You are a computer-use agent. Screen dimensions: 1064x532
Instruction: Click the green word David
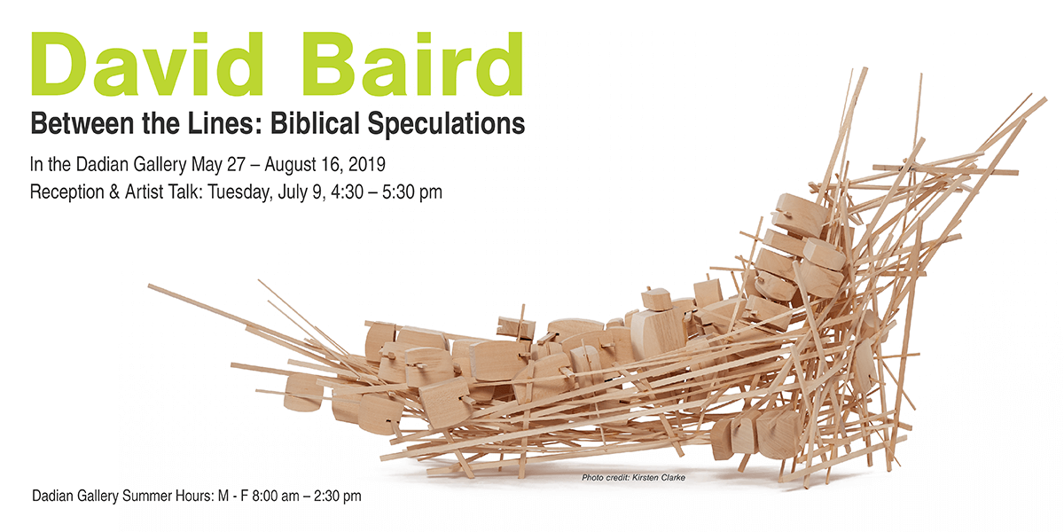point(147,64)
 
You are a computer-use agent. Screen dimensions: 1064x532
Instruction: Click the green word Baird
point(411,64)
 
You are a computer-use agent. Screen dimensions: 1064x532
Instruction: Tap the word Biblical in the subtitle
point(314,123)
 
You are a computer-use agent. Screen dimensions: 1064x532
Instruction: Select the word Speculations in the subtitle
point(446,124)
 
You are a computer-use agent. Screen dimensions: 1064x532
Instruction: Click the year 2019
point(367,164)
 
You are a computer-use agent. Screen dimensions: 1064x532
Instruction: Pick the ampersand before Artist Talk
point(114,192)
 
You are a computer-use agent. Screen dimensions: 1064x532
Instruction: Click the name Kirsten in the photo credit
point(645,477)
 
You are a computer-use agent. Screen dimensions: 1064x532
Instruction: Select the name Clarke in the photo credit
point(673,477)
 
